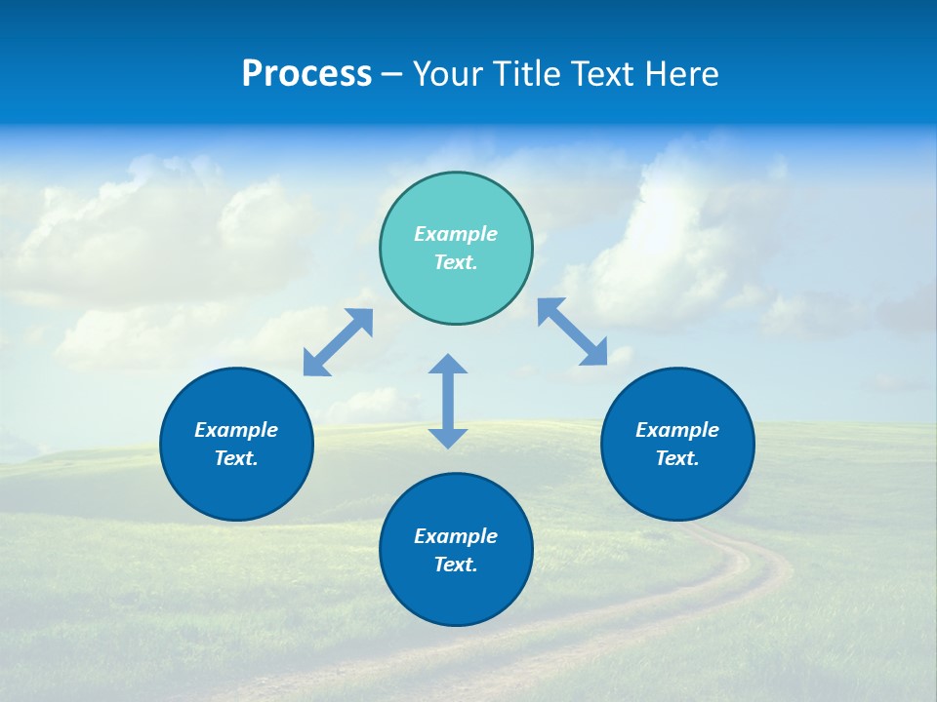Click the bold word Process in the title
306,74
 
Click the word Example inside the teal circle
456,234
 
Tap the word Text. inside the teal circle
456,262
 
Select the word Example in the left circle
236,430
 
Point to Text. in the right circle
677,458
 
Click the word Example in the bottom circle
456,536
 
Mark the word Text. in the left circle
236,458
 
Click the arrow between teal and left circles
338,342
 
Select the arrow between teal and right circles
573,331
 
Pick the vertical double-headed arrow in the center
448,401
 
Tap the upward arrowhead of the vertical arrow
448,364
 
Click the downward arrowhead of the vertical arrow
448,438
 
